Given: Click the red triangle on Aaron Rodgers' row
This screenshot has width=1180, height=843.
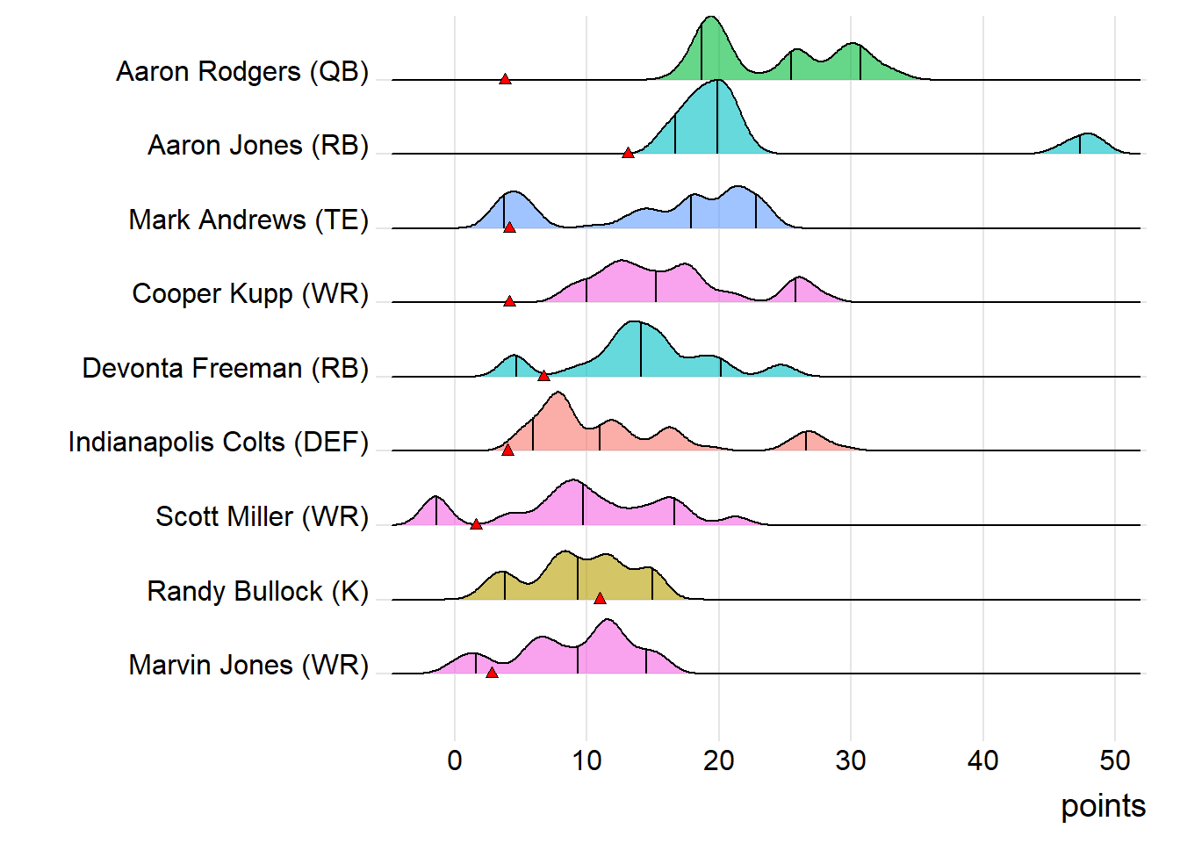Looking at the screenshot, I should [x=505, y=79].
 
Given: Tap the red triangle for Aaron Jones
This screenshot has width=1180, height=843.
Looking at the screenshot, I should [x=628, y=153].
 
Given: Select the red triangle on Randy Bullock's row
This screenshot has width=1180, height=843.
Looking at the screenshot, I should [x=600, y=599].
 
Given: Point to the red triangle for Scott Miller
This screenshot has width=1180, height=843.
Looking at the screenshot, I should [x=476, y=524].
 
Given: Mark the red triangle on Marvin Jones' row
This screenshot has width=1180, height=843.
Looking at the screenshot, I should [x=492, y=673].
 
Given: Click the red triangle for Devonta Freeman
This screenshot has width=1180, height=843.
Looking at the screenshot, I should [x=543, y=376].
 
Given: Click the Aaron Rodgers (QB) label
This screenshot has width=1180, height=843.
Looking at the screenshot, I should [x=242, y=71].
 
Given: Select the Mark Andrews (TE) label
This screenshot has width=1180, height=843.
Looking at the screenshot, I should [x=248, y=220].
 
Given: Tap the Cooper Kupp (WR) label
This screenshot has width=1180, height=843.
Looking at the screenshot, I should [x=250, y=293].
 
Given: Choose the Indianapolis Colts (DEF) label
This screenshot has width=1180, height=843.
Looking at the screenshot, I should [x=219, y=442].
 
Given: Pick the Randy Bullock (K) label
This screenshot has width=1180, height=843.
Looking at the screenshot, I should [x=258, y=591].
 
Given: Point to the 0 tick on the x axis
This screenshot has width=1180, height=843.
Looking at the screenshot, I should [x=455, y=760].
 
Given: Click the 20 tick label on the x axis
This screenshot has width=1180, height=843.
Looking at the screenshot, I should [x=719, y=760].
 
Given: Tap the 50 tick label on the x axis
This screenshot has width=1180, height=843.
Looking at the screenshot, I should [x=1115, y=760].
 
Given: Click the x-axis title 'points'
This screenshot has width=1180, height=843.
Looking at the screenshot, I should [x=1103, y=806].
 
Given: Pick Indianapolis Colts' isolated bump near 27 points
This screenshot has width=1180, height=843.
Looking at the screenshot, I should [x=809, y=442].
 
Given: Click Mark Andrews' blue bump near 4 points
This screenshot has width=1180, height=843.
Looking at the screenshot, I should [x=513, y=209].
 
